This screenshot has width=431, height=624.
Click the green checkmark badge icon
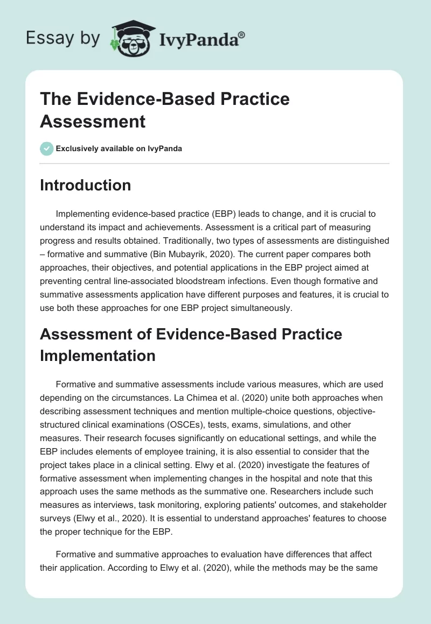coord(47,149)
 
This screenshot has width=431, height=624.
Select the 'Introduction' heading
coord(86,185)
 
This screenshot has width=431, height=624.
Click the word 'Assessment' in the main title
coord(93,121)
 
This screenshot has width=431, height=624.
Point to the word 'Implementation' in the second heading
coord(98,356)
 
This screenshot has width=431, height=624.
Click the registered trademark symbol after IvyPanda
coord(241,35)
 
